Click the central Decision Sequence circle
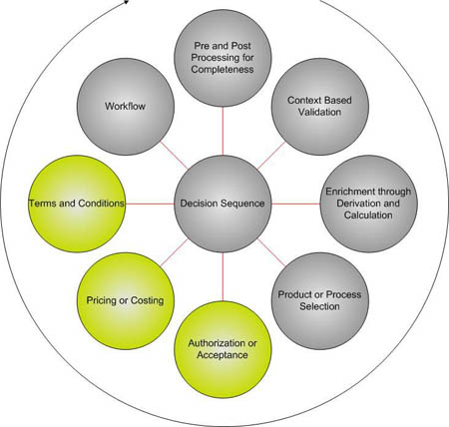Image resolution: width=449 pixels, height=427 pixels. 223,204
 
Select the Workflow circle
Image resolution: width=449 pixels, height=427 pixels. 126,107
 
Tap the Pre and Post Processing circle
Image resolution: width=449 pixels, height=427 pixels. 223,58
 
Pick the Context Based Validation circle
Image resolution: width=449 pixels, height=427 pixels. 320,107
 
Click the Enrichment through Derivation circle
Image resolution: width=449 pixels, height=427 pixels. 368,204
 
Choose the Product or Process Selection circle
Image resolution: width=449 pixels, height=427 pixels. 320,300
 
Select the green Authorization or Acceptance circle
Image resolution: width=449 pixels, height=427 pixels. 223,349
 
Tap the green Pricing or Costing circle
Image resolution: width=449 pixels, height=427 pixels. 126,300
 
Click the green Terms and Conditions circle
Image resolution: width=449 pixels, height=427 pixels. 77,204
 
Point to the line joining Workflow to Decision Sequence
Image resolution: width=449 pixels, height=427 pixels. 174,155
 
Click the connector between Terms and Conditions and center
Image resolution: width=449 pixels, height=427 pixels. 150,204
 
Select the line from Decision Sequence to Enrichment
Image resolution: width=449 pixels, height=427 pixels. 295,204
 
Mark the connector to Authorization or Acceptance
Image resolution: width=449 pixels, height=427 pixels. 223,276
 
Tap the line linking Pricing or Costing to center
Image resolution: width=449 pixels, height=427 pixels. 174,252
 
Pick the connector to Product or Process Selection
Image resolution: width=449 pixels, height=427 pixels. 271,252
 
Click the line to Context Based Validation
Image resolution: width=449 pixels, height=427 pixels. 271,155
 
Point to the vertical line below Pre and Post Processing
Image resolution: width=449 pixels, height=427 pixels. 223,131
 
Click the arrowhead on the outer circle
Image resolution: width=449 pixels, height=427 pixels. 127,2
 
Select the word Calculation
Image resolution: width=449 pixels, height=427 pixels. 368,215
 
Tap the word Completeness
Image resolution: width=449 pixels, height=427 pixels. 223,70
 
